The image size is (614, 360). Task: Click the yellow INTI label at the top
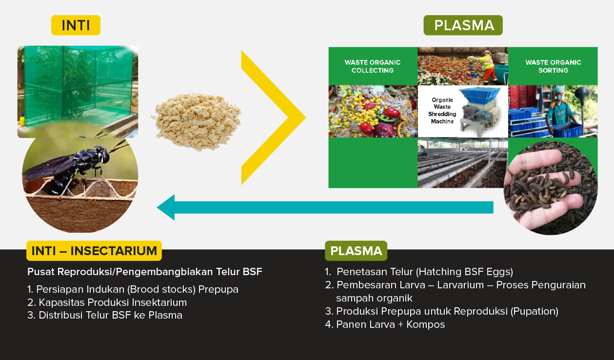tap(76, 25)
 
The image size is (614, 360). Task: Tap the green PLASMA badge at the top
tap(463, 25)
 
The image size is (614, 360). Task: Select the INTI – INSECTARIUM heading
tap(94, 251)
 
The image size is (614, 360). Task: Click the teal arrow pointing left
tap(325, 207)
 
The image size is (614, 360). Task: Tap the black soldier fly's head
tap(105, 155)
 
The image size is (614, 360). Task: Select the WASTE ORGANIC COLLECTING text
tap(373, 66)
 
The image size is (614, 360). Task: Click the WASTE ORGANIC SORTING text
tap(553, 66)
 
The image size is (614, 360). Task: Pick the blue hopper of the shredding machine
tap(480, 96)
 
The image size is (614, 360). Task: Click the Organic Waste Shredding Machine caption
tap(442, 111)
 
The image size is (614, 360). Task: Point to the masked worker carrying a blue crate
tap(560, 112)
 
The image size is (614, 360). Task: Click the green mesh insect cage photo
tap(78, 88)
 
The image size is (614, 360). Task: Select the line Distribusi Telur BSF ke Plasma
tap(105, 315)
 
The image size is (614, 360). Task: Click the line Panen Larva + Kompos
tap(385, 324)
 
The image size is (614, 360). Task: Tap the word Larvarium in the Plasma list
tap(460, 285)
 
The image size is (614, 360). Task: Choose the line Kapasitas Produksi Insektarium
tap(107, 302)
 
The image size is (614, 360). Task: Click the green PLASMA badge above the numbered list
tap(356, 251)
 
